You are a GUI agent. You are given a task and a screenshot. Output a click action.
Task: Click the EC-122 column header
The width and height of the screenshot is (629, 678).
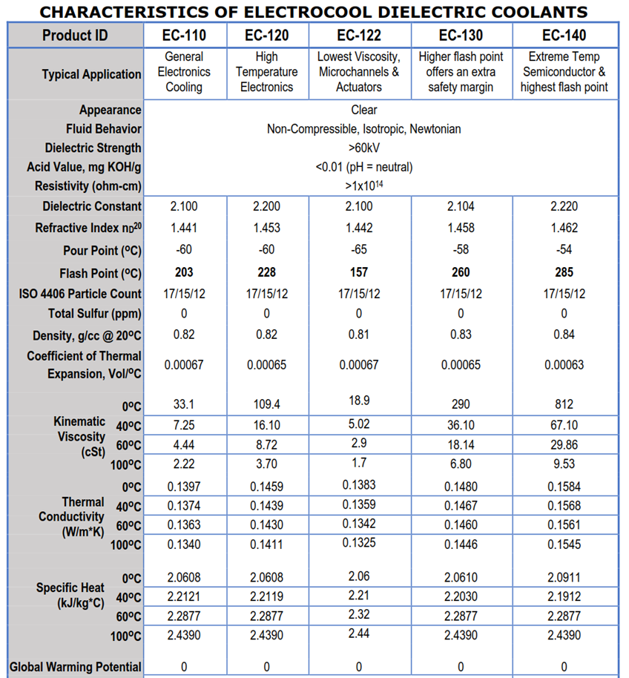tap(358, 35)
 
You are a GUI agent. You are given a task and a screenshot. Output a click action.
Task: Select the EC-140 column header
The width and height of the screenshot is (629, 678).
tap(564, 35)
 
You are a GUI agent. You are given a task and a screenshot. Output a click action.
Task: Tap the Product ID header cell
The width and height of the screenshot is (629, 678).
tap(75, 35)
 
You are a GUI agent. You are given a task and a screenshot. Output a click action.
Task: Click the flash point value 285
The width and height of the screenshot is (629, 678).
tap(564, 272)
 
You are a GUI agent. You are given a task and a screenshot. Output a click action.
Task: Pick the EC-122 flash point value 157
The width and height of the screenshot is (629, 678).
tap(358, 272)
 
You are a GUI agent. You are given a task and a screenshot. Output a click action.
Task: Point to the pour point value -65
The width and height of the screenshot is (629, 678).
tap(358, 250)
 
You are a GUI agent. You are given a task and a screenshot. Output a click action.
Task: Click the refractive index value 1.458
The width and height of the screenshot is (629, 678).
tap(461, 228)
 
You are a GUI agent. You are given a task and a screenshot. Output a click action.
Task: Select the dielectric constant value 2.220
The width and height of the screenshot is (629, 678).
tap(564, 206)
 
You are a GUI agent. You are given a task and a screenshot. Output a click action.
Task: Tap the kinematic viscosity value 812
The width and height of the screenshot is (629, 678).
tap(564, 404)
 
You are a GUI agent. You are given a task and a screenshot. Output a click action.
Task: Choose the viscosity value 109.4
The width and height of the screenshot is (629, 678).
tap(266, 404)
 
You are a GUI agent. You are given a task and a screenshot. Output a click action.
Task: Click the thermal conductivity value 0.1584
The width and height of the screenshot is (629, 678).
tap(564, 487)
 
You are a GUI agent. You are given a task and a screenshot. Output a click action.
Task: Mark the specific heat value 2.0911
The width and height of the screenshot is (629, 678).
tap(564, 577)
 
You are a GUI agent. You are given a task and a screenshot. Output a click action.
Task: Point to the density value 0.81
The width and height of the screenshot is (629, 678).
tap(358, 335)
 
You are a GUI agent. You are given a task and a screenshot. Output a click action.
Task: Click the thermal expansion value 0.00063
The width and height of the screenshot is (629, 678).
tap(564, 365)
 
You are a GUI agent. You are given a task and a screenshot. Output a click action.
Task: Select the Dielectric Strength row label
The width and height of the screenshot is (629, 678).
tap(93, 148)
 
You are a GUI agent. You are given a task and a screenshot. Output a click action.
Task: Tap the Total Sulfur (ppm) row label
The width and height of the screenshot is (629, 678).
tap(94, 314)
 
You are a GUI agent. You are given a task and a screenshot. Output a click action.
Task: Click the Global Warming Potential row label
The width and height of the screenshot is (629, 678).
tap(75, 667)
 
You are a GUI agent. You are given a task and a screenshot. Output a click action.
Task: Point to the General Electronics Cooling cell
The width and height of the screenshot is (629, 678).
tap(184, 72)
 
